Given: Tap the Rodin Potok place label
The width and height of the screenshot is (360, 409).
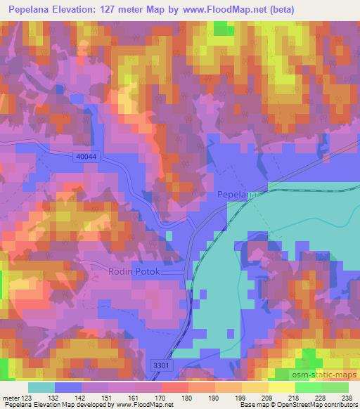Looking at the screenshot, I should click(136, 272).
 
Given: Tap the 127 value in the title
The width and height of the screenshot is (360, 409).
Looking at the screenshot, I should click(117, 10).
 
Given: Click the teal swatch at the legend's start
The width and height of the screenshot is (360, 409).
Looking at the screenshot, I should click(41, 387).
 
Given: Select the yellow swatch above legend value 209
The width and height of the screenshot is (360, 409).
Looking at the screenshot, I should click(255, 387).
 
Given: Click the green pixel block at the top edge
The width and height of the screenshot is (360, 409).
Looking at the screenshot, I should click(224, 27).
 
